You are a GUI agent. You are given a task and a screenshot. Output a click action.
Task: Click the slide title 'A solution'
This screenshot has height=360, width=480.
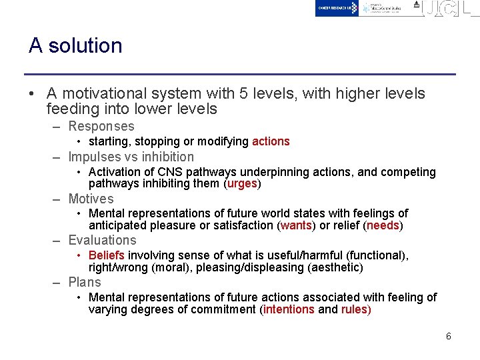click(x=75, y=45)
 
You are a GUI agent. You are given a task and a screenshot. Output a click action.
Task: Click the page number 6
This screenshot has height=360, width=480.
click(x=449, y=336)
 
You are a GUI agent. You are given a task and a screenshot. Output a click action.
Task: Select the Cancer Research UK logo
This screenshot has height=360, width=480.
click(x=337, y=8)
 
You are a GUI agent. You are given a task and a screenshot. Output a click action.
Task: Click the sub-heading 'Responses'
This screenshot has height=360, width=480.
click(x=101, y=126)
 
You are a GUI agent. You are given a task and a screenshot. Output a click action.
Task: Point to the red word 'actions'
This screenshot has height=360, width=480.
click(x=271, y=141)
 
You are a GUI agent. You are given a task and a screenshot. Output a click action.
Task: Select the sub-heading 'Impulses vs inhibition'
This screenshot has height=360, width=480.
click(x=131, y=157)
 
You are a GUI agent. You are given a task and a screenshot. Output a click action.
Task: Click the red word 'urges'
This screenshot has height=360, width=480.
click(x=242, y=183)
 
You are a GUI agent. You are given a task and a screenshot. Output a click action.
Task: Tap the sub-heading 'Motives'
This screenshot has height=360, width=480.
click(x=91, y=199)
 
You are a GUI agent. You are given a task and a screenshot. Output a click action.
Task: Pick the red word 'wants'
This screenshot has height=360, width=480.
click(x=296, y=225)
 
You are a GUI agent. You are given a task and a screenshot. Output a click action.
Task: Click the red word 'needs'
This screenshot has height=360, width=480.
click(x=383, y=225)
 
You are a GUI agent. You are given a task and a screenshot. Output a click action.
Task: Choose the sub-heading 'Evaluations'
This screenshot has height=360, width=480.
click(x=103, y=240)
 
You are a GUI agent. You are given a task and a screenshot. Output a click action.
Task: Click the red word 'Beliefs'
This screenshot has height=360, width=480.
click(x=107, y=255)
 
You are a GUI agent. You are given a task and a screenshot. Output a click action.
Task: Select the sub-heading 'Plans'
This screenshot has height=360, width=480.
click(x=85, y=282)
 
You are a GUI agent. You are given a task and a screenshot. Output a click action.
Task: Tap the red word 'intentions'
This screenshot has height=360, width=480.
click(x=289, y=309)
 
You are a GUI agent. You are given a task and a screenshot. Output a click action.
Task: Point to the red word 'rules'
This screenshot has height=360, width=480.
click(x=354, y=309)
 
